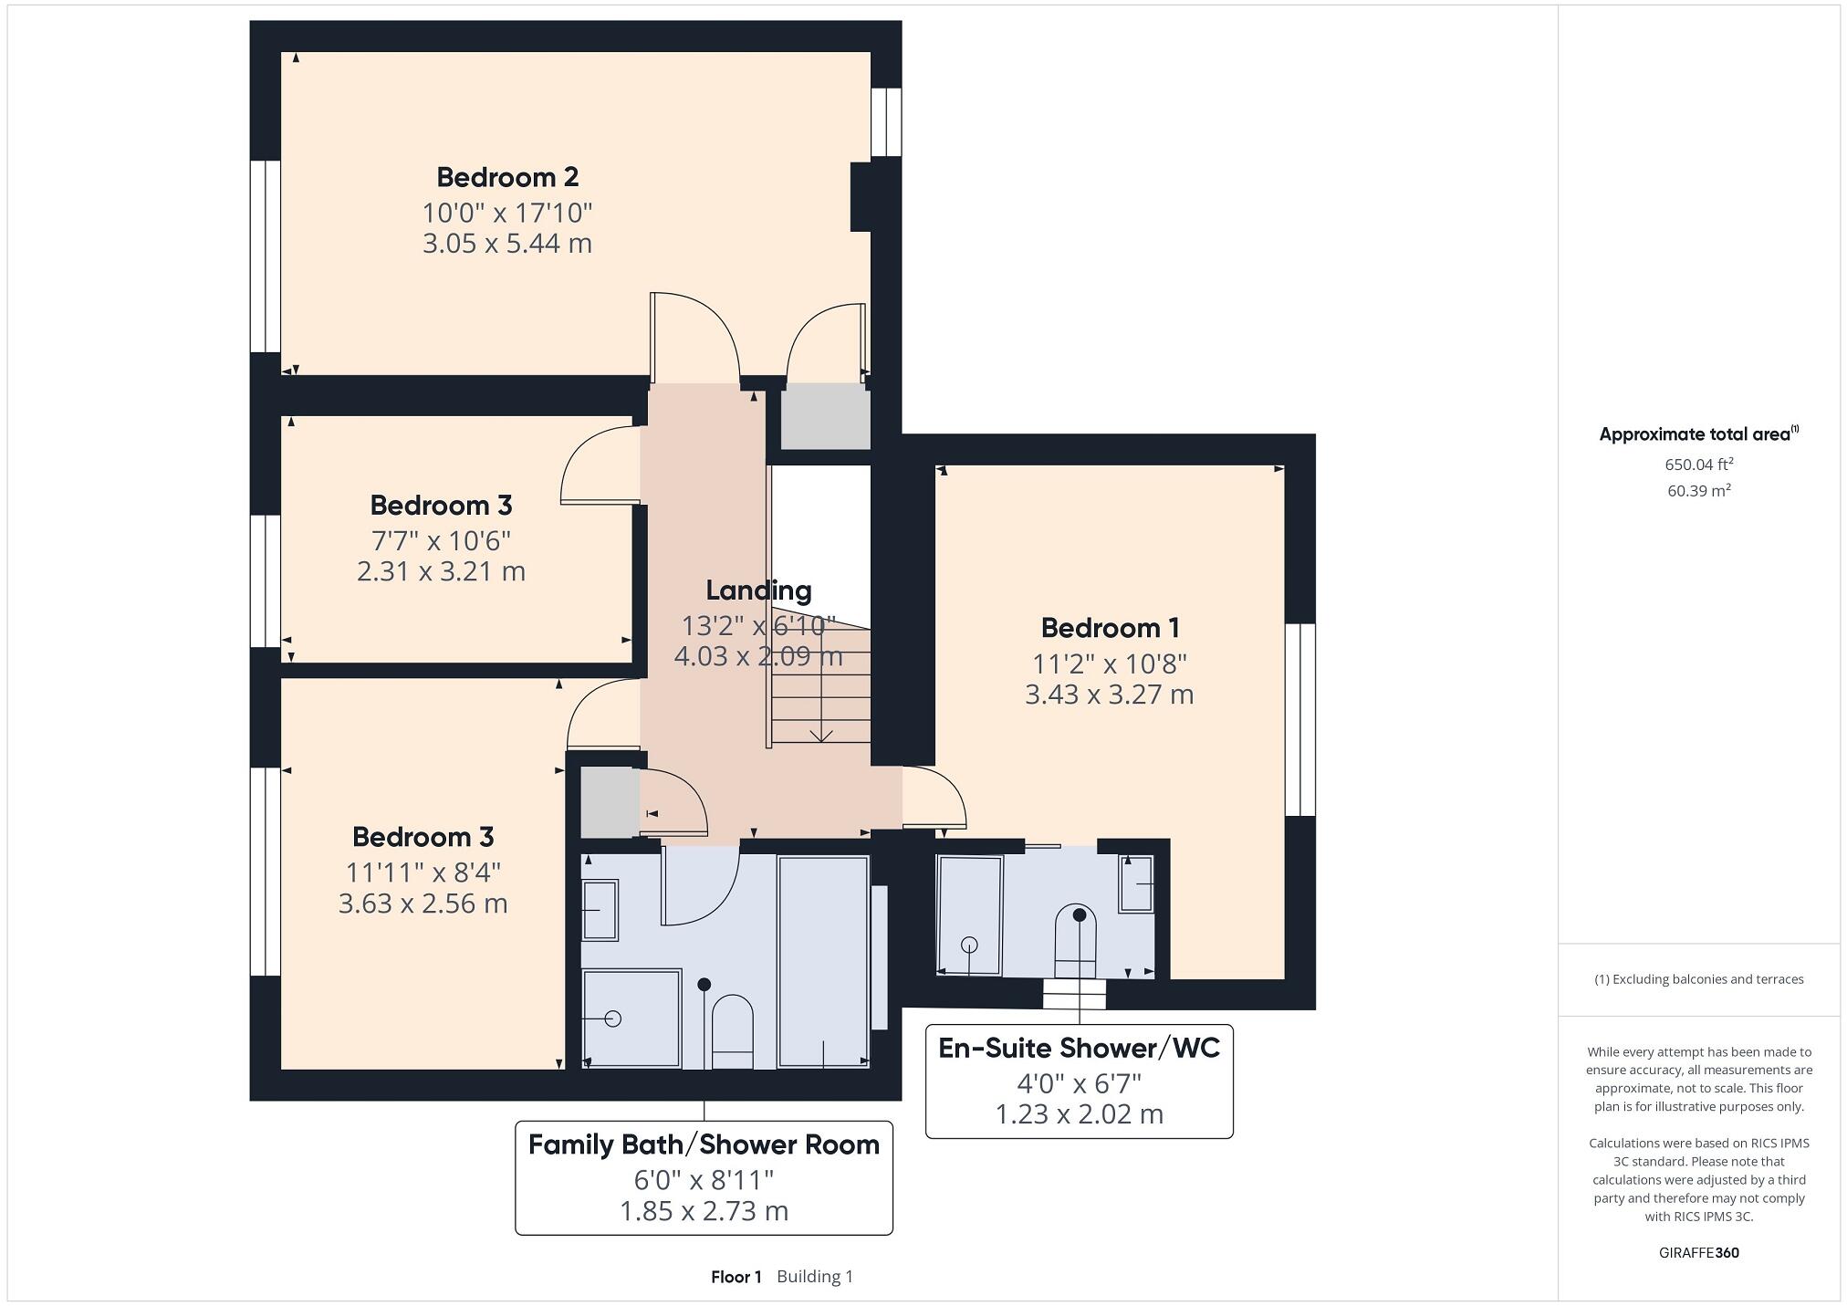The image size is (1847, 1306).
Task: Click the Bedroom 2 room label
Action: click(x=507, y=177)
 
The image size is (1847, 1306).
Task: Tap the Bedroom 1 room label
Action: click(x=1110, y=628)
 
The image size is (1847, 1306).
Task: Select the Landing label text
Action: click(x=758, y=590)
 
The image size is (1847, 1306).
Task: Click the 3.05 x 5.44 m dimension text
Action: click(x=507, y=244)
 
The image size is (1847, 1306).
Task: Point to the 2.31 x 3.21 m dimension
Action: click(x=441, y=571)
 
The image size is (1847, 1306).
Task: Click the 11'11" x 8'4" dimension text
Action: click(x=423, y=872)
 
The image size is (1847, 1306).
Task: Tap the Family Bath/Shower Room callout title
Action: click(x=704, y=1144)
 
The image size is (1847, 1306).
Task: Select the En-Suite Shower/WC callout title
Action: click(x=1079, y=1048)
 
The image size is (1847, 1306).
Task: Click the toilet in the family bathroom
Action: click(x=732, y=1031)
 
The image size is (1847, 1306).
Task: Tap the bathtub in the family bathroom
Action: click(x=823, y=960)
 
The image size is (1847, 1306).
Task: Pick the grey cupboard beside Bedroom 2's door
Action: click(x=825, y=416)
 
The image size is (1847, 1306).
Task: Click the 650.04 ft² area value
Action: click(x=1698, y=465)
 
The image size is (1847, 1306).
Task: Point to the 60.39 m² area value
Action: click(x=1698, y=491)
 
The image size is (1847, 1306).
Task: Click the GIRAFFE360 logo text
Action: click(x=1698, y=1253)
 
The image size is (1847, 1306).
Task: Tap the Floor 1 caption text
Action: click(x=736, y=1277)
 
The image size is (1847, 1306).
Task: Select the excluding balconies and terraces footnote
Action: click(x=1698, y=979)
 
